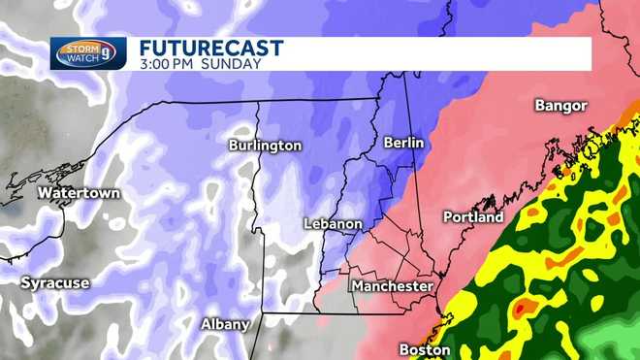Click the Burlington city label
(x=265, y=146)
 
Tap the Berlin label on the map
(x=403, y=142)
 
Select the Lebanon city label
(x=333, y=224)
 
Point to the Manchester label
(x=392, y=286)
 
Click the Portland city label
(x=473, y=217)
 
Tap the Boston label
(x=425, y=349)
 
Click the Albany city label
(x=225, y=324)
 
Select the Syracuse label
(x=55, y=283)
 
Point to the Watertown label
(x=79, y=193)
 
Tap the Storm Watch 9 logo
(x=88, y=53)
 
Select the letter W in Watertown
(x=44, y=193)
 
